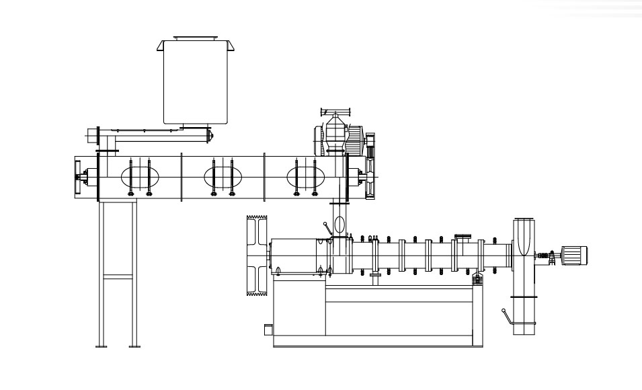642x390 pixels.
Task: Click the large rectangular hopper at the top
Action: point(194,82)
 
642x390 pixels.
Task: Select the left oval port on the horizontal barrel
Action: point(140,177)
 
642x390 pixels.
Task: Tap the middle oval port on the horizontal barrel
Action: point(223,177)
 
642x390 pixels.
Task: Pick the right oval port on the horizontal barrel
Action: point(306,177)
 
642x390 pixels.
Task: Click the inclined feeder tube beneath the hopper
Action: point(158,135)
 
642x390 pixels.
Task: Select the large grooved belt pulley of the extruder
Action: point(259,254)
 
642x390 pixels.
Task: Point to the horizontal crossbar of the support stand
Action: point(118,276)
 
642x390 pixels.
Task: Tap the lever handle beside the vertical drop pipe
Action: point(327,229)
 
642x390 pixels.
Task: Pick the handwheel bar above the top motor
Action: point(338,110)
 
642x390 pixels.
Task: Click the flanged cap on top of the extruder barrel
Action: point(463,236)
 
